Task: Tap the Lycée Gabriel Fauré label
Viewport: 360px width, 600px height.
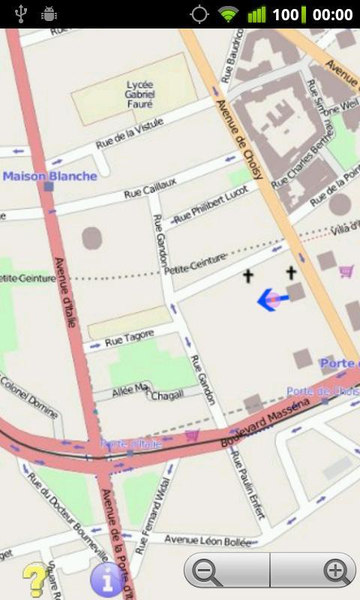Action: (x=140, y=94)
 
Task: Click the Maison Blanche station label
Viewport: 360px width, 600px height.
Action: (x=50, y=176)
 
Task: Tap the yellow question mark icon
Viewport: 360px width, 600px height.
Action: (x=34, y=580)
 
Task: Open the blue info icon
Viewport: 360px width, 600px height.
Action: (x=106, y=580)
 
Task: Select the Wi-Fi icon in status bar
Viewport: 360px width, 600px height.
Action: (x=228, y=14)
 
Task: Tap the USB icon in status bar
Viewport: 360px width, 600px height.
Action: (x=20, y=14)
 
